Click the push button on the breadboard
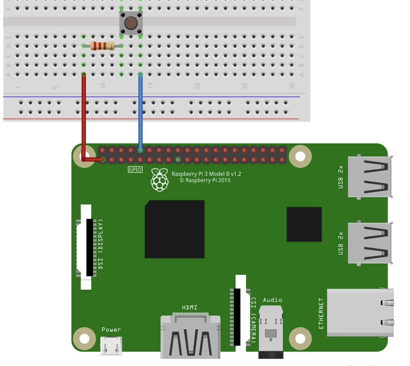tap(131, 23)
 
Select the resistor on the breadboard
tap(102, 46)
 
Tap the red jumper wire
tap(84, 117)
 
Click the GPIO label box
tap(135, 170)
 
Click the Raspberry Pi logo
tap(160, 180)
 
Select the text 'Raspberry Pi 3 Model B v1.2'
tap(206, 174)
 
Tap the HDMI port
tap(190, 336)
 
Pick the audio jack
tap(271, 331)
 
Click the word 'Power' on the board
tap(111, 330)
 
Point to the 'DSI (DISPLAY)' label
tap(100, 244)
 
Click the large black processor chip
tap(175, 229)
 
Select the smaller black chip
tap(304, 224)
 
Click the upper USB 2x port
tap(370, 177)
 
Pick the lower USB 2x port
tap(370, 243)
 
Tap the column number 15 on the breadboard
tap(150, 86)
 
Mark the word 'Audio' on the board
tap(272, 300)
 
